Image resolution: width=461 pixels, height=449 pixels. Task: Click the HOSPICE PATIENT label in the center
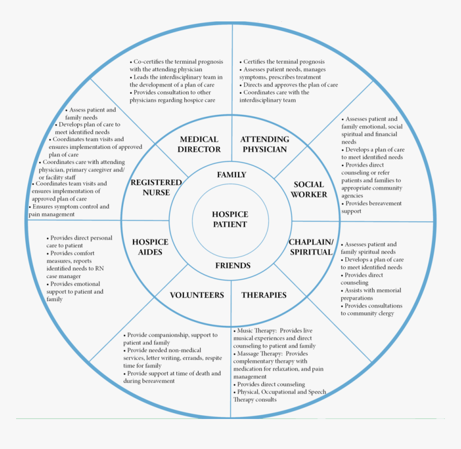[230, 220]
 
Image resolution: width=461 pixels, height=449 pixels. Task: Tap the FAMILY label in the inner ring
[231, 175]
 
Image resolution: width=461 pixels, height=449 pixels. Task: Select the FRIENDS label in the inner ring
[233, 266]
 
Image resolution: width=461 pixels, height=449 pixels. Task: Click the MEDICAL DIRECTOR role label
[199, 144]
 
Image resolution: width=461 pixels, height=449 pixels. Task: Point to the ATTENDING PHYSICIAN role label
[264, 144]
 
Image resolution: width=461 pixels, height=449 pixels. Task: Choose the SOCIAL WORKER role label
[309, 190]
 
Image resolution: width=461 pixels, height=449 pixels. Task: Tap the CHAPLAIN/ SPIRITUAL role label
[311, 247]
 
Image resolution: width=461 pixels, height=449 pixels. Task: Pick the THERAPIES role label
[264, 295]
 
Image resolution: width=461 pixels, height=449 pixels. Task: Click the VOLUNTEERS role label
[197, 295]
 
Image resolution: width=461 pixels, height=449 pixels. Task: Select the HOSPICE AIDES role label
[150, 247]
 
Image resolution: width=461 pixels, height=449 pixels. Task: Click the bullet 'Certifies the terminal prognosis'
[284, 62]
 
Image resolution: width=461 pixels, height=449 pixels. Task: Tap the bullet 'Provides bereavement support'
[371, 207]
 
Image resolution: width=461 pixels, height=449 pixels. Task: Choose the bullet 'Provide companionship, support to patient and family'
[170, 339]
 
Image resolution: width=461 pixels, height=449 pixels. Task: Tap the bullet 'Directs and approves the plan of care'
[290, 85]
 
